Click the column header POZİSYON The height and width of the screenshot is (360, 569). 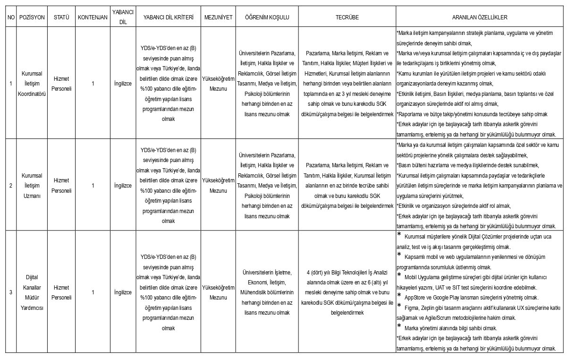pyautogui.click(x=32, y=17)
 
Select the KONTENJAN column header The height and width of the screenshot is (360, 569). pyautogui.click(x=93, y=17)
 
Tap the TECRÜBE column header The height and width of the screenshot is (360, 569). pyautogui.click(x=347, y=17)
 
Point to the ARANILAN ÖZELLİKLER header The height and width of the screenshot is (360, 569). pyautogui.click(x=479, y=17)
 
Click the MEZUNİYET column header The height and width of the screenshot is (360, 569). pyautogui.click(x=218, y=17)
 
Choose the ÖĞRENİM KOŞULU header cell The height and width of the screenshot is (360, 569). pyautogui.click(x=267, y=17)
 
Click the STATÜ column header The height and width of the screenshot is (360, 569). pyautogui.click(x=61, y=17)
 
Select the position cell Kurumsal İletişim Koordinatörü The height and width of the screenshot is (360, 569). pyautogui.click(x=32, y=84)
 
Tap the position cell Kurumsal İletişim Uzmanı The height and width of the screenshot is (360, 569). pyautogui.click(x=32, y=185)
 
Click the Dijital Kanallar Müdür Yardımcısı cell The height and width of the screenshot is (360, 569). pyautogui.click(x=32, y=292)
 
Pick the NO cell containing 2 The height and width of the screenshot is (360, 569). pyautogui.click(x=10, y=185)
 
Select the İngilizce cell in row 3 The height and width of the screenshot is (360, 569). pyautogui.click(x=123, y=292)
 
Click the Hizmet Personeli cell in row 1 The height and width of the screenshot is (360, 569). pyautogui.click(x=61, y=84)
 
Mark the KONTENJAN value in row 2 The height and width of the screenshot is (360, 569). pyautogui.click(x=93, y=185)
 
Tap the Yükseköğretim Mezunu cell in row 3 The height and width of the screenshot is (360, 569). pyautogui.click(x=218, y=292)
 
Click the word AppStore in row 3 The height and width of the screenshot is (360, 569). pyautogui.click(x=415, y=298)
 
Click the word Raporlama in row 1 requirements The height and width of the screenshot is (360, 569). pyautogui.click(x=411, y=114)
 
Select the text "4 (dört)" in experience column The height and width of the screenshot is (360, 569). pyautogui.click(x=316, y=272)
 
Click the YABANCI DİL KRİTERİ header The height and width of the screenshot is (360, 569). pyautogui.click(x=168, y=17)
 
